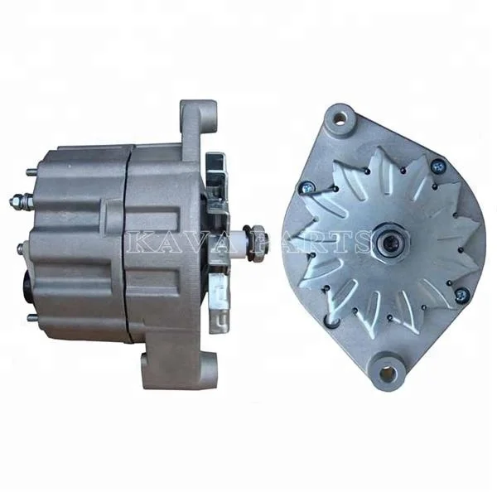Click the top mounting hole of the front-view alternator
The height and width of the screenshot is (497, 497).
click(x=337, y=122)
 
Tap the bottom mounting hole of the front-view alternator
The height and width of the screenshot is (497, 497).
click(x=386, y=374)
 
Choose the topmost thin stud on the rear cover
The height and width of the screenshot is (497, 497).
click(x=31, y=172)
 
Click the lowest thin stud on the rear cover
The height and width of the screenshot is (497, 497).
click(x=31, y=317)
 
